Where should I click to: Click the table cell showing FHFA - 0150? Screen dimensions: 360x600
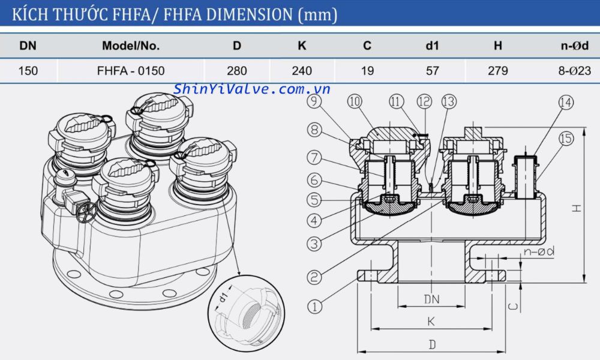[131, 71]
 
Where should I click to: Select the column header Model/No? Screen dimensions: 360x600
[130, 46]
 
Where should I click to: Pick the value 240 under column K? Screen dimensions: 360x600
[301, 71]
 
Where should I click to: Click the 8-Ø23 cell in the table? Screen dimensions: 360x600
[574, 71]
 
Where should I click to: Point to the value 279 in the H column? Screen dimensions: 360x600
[497, 71]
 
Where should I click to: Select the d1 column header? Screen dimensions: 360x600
[432, 46]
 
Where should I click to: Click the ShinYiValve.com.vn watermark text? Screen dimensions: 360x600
[252, 89]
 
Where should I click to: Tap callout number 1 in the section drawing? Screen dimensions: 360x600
[314, 307]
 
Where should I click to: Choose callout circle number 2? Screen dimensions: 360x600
[314, 277]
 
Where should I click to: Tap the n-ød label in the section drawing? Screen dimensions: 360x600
[538, 252]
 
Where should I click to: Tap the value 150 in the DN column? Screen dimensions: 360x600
[28, 71]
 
